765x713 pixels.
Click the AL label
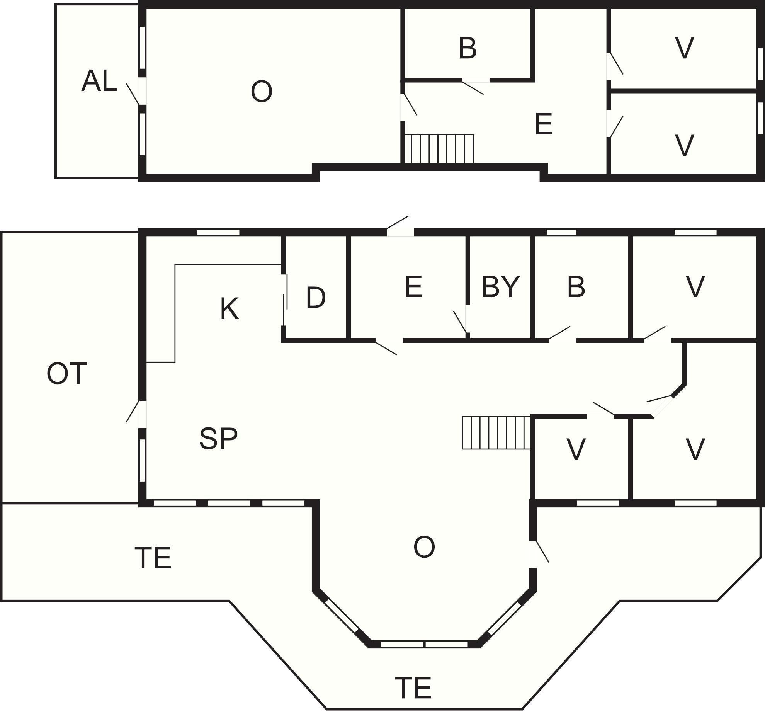(x=99, y=81)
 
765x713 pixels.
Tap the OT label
(x=67, y=374)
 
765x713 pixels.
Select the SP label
(x=218, y=438)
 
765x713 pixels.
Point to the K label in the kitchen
(x=229, y=309)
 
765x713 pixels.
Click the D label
(x=316, y=298)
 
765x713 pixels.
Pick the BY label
(x=501, y=286)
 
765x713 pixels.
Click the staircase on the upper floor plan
(x=439, y=149)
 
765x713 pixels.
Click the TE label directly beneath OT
(x=153, y=557)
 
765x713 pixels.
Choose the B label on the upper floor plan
(x=467, y=48)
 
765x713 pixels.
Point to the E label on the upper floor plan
(x=544, y=124)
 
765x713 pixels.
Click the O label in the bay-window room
(x=424, y=547)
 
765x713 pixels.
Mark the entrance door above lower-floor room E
(x=399, y=226)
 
